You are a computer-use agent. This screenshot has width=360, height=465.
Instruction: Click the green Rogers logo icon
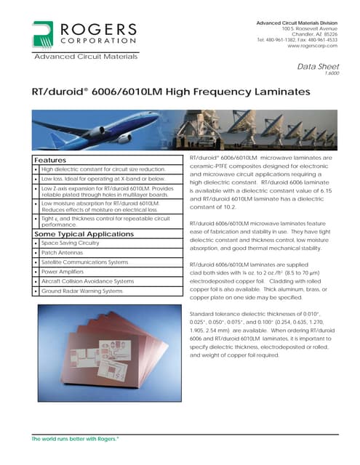pyautogui.click(x=40, y=34)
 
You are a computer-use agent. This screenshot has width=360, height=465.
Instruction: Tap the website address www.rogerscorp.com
pyautogui.click(x=312, y=46)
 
